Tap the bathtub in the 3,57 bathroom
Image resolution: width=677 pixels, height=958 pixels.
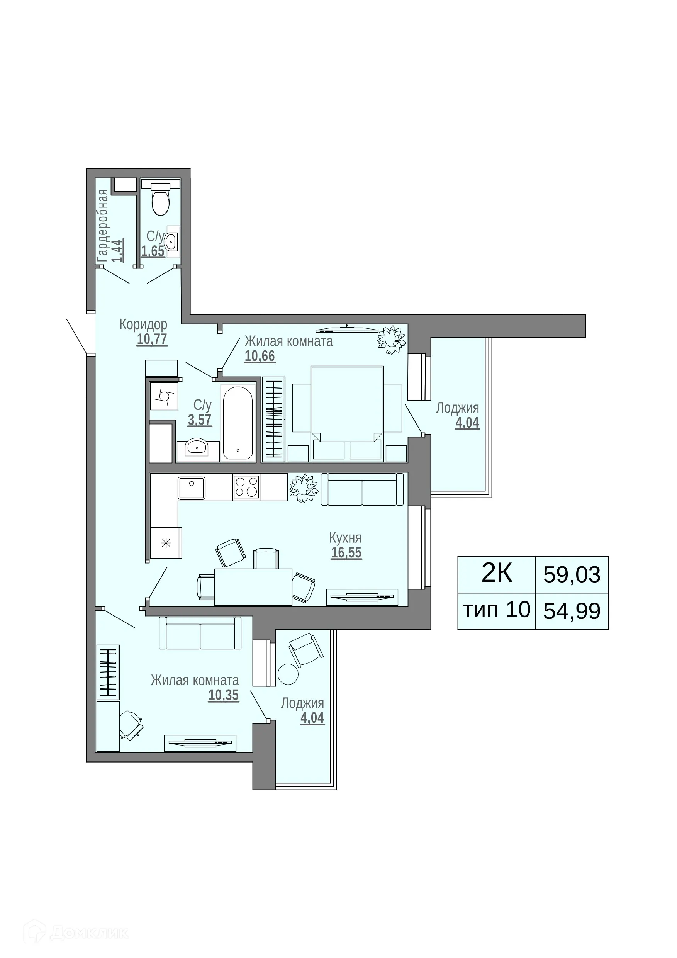238,423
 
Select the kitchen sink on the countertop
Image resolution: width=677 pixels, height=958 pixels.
192,488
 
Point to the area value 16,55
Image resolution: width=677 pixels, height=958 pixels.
346,553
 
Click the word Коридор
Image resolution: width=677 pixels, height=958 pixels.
143,324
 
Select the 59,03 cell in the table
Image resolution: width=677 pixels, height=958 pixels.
572,575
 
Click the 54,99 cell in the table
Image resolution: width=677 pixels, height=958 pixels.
572,611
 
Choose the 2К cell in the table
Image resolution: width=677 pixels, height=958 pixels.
496,574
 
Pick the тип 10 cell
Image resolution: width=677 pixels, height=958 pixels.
496,610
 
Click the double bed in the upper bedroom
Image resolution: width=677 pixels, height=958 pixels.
347,403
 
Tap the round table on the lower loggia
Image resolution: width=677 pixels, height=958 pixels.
288,674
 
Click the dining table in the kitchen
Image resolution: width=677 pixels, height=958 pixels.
253,587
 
